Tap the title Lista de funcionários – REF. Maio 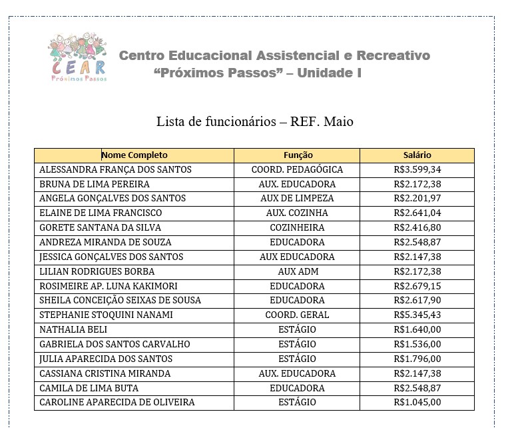coord(255,121)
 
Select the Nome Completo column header coord(134,155)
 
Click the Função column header coord(297,155)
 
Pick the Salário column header coord(417,155)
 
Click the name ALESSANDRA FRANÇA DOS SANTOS coord(115,170)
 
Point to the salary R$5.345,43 coord(417,315)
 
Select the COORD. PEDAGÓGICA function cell coord(297,170)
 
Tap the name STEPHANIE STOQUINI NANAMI coord(106,315)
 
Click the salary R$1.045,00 coord(417,403)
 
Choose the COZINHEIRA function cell coord(297,228)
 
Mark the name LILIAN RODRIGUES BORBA coord(97,272)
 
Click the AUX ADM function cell coord(297,272)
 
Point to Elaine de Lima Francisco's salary coord(417,213)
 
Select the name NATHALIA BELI coord(73,330)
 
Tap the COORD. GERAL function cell coord(297,315)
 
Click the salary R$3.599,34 coord(417,170)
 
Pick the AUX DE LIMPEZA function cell coord(297,199)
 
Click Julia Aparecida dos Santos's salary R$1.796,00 coord(417,359)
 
